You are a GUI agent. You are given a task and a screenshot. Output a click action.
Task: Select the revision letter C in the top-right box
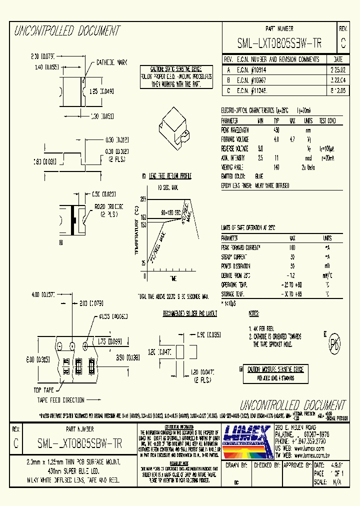coord(343,44)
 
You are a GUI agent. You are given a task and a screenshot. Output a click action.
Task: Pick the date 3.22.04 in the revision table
coord(338,79)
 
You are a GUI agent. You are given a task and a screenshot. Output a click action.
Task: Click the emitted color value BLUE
coord(259,176)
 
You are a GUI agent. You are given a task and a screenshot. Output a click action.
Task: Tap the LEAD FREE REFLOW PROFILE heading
coord(170,176)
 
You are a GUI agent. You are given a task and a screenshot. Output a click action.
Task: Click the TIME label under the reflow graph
coord(173,277)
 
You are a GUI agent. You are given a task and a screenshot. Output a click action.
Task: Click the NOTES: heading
coord(254,313)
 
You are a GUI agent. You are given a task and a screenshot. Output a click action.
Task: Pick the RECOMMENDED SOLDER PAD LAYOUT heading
coord(190,313)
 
